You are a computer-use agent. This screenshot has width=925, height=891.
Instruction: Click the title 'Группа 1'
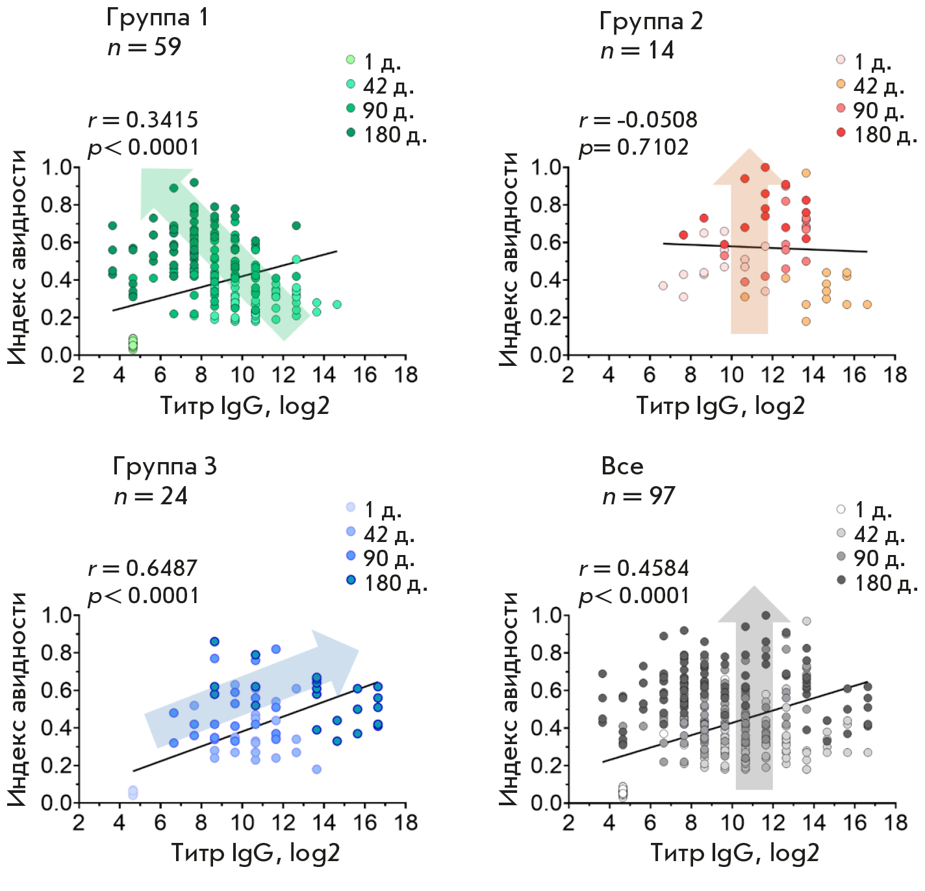point(157,18)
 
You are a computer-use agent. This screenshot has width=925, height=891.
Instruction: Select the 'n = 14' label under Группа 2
point(637,51)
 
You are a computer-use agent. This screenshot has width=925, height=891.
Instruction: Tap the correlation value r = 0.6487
point(143,568)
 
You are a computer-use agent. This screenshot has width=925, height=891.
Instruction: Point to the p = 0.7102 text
point(633,148)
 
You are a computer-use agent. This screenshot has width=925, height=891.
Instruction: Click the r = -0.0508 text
point(638,120)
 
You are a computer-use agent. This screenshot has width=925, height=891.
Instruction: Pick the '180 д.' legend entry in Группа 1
point(388,135)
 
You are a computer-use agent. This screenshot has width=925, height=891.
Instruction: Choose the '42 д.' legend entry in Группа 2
point(870,86)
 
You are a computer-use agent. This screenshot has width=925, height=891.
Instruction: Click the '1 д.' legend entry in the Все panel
point(865,510)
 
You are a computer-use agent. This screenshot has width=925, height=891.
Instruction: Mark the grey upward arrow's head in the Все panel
point(754,605)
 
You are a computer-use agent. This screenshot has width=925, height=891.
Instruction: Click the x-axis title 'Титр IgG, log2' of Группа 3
point(255,853)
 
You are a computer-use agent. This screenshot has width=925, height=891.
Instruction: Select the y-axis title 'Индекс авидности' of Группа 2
point(509,260)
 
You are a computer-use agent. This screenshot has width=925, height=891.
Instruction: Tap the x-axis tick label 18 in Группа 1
point(406,375)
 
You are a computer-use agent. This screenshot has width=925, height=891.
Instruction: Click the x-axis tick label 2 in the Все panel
point(568,823)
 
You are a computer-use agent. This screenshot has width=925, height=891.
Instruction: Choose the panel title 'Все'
point(622,466)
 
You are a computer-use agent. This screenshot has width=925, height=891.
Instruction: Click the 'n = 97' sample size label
point(639,497)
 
